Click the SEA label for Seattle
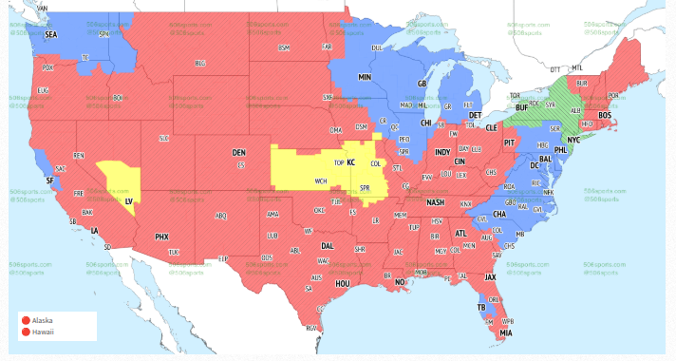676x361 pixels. (50, 34)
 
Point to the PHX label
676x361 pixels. (161, 236)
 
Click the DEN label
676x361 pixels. (239, 152)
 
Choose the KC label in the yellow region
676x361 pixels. (350, 162)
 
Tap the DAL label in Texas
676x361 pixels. (328, 245)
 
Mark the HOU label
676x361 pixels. (344, 284)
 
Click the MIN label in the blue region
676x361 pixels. (365, 76)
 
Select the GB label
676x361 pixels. (422, 84)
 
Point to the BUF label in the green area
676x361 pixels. (519, 108)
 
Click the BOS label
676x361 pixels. (605, 115)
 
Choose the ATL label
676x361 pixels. (460, 233)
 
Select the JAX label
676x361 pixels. (490, 277)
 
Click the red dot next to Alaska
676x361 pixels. (27, 320)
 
